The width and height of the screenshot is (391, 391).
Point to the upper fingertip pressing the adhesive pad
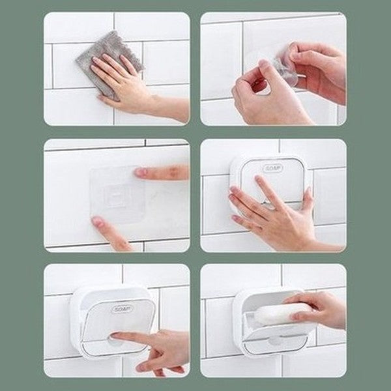141,173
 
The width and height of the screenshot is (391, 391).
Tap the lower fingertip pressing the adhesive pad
98,222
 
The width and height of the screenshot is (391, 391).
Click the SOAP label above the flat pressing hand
273,168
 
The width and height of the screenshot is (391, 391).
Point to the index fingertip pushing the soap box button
115,337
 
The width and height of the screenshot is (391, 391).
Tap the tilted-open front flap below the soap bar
274,336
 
